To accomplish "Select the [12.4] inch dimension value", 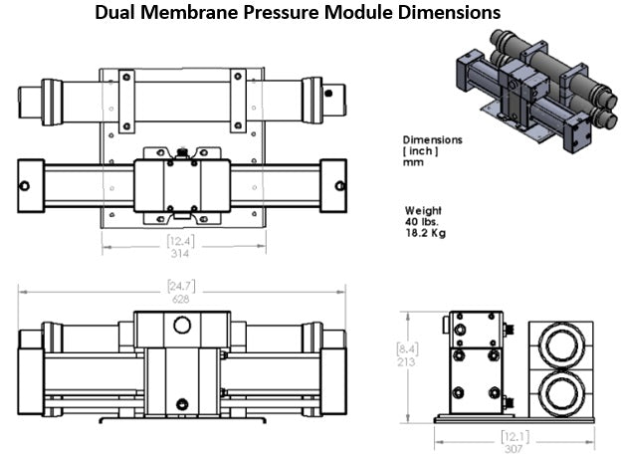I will (x=181, y=241).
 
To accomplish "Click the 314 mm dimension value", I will (x=181, y=253).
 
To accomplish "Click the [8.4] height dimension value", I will (x=403, y=349).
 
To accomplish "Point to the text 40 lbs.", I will (x=422, y=223).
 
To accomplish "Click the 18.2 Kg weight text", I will (x=425, y=235).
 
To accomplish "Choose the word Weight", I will (x=423, y=211).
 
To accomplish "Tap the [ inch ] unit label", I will (x=421, y=150).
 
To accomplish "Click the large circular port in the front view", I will (x=181, y=326).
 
